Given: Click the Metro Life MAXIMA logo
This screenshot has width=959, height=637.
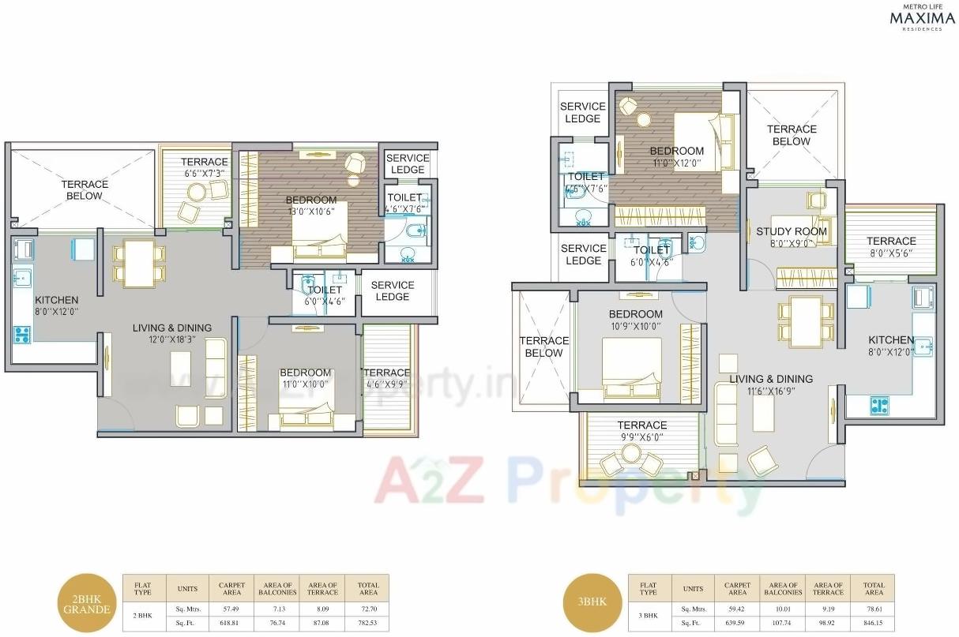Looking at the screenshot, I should click(x=916, y=17).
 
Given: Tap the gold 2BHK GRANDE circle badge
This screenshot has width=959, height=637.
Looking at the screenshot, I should click(x=82, y=604).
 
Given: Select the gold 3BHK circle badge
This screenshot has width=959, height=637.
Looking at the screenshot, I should click(x=585, y=601).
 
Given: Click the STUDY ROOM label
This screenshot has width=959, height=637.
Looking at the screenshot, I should click(x=791, y=231).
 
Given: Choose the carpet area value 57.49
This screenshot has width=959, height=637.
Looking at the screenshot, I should click(x=231, y=609).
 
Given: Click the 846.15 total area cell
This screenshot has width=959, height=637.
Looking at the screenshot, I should click(x=873, y=623).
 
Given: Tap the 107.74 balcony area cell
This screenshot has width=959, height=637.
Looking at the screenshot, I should click(x=782, y=623).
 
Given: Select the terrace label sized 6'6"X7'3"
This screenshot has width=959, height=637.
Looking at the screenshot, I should click(x=205, y=167).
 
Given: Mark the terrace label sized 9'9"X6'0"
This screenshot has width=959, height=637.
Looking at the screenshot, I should click(x=641, y=431).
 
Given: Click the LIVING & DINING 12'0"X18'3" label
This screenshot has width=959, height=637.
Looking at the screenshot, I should click(x=171, y=333).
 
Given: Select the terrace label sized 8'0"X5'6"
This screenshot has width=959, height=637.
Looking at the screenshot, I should click(x=890, y=247).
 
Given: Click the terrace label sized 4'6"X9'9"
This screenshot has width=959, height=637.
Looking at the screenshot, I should click(x=386, y=378).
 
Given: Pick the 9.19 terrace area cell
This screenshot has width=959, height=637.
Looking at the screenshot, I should click(x=828, y=609).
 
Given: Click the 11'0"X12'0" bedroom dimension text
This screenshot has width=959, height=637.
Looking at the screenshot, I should click(x=676, y=163).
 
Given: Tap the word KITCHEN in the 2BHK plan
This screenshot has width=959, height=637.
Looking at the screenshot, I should click(x=56, y=300).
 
